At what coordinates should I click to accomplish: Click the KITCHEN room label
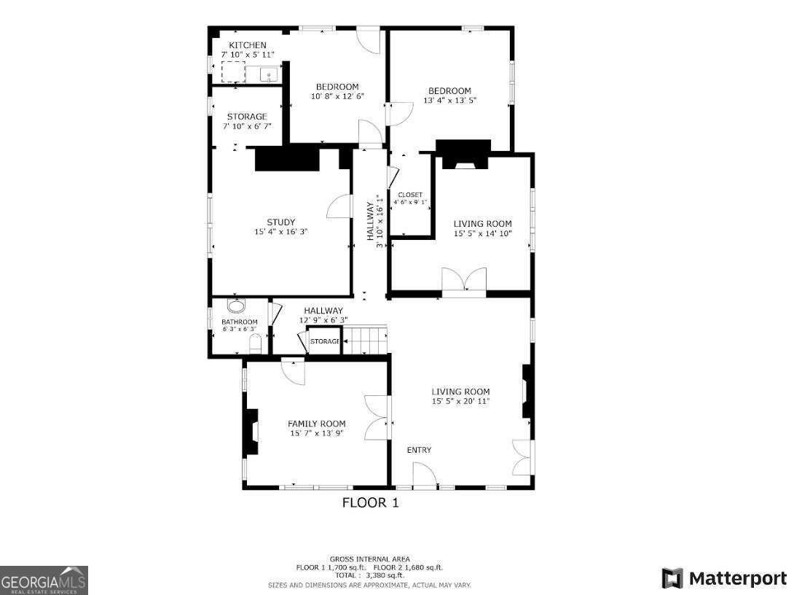pyautogui.click(x=243, y=45)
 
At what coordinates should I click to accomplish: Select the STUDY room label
pyautogui.click(x=280, y=222)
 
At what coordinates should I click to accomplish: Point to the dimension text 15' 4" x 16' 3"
pyautogui.click(x=280, y=232)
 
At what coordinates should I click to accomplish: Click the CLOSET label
pyautogui.click(x=410, y=195)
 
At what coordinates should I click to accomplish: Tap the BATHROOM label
pyautogui.click(x=240, y=322)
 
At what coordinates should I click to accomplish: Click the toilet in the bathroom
pyautogui.click(x=255, y=344)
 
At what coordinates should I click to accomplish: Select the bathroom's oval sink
pyautogui.click(x=237, y=306)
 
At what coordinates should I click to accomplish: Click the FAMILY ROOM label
pyautogui.click(x=316, y=424)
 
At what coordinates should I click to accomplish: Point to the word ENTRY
pyautogui.click(x=419, y=450)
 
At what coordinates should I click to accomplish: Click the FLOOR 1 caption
pyautogui.click(x=370, y=502)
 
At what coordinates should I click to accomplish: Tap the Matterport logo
pyautogui.click(x=724, y=579)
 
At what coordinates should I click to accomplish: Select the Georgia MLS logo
pyautogui.click(x=44, y=580)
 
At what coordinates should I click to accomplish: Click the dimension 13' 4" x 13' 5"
pyautogui.click(x=449, y=101)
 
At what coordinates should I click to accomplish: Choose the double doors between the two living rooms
pyautogui.click(x=464, y=281)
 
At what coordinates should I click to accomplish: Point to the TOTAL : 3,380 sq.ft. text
pyautogui.click(x=369, y=575)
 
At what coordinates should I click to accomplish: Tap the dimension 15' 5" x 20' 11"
pyautogui.click(x=460, y=401)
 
